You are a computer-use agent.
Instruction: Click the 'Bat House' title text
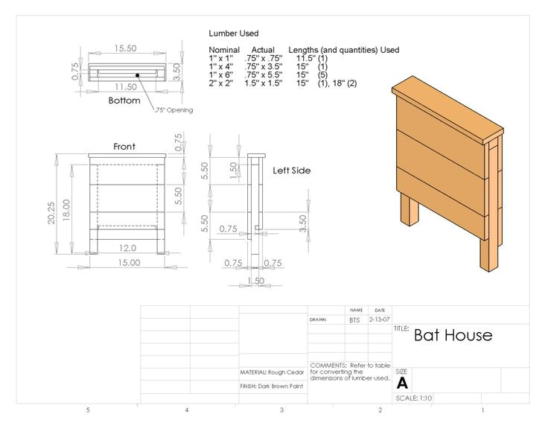[453, 335]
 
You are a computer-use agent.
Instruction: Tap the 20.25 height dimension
[51, 213]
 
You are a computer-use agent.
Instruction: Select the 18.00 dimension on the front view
[66, 210]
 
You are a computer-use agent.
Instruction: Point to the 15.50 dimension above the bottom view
[125, 48]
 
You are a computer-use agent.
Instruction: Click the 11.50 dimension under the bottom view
[126, 86]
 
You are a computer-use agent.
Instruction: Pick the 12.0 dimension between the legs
[127, 248]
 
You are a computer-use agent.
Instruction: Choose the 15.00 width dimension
[129, 263]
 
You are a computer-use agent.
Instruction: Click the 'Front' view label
[124, 147]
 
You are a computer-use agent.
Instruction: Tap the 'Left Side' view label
[291, 171]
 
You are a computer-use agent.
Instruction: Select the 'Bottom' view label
[124, 101]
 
